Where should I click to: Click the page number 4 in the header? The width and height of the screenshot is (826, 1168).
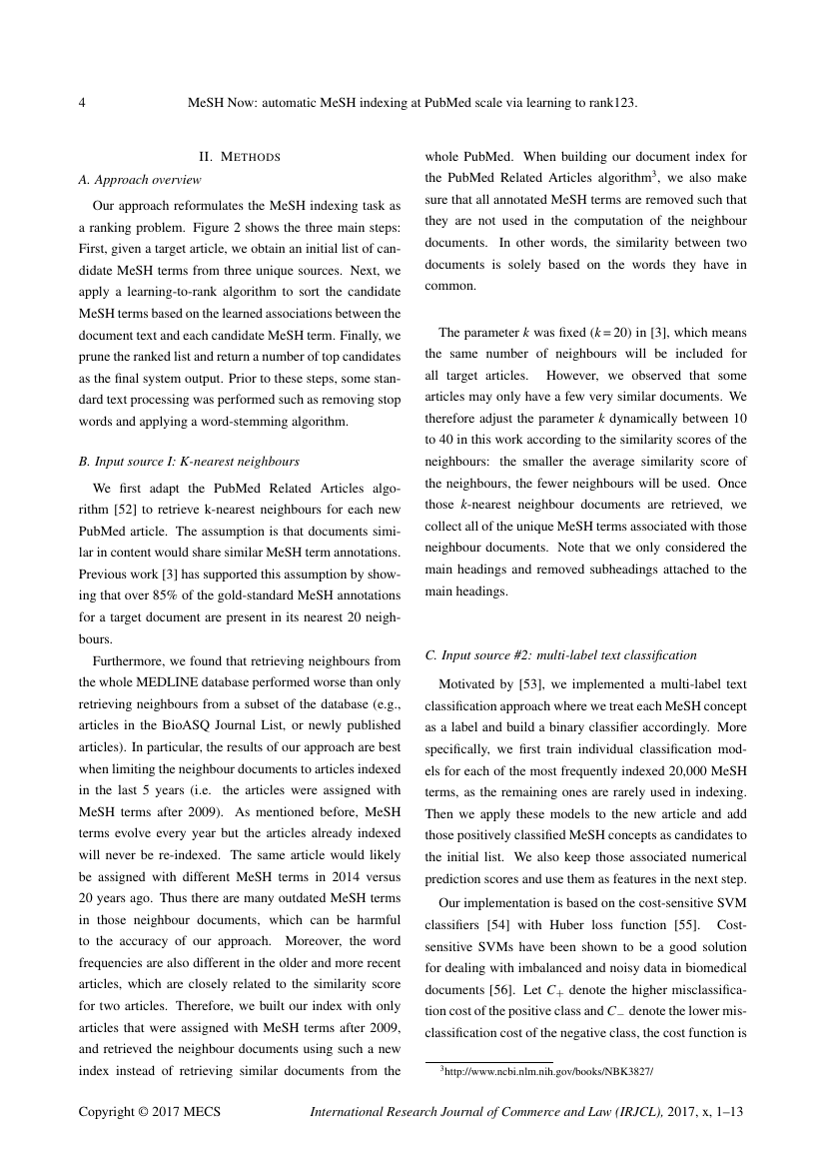[x=82, y=103]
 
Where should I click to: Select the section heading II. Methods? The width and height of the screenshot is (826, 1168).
[x=240, y=157]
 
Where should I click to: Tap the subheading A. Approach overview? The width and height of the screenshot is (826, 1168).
[x=139, y=180]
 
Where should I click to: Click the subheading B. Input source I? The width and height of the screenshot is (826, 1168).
[x=189, y=462]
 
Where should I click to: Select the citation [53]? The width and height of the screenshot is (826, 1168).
[x=528, y=683]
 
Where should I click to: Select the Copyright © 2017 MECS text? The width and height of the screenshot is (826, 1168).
[x=150, y=1112]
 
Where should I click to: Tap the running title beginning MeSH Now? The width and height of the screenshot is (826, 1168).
[x=413, y=103]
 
